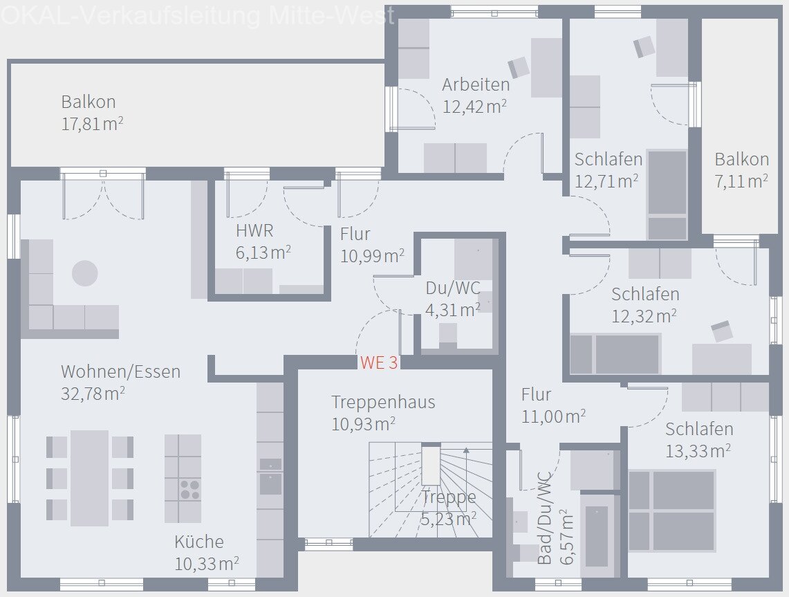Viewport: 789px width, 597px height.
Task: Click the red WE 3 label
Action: click(378, 362)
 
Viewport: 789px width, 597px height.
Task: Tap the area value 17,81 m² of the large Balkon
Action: click(92, 124)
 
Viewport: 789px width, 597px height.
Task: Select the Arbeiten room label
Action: click(476, 85)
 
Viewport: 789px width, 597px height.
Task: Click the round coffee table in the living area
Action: click(85, 273)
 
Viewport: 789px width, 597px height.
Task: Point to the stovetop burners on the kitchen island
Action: click(189, 490)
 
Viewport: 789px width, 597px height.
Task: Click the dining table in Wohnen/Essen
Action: click(89, 478)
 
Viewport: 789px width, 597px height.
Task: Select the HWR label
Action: click(254, 231)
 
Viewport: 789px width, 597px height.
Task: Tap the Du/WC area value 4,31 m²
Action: click(453, 310)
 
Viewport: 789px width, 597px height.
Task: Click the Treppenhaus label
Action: click(383, 402)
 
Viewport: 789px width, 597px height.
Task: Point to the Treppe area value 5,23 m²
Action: click(448, 518)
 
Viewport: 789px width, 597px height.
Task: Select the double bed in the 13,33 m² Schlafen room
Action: click(671, 511)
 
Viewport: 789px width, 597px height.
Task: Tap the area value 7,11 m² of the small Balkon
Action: click(741, 181)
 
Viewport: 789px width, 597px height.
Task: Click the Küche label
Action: click(198, 542)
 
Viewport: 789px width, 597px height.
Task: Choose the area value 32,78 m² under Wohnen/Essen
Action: click(93, 394)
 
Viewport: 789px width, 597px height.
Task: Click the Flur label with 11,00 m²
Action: click(536, 395)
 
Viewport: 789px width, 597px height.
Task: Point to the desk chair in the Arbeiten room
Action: click(519, 68)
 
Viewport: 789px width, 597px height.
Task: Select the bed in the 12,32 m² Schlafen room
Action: click(615, 354)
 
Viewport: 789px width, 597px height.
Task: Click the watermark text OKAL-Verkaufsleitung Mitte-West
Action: click(198, 15)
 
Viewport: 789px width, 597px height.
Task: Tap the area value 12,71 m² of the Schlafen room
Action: click(606, 182)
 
